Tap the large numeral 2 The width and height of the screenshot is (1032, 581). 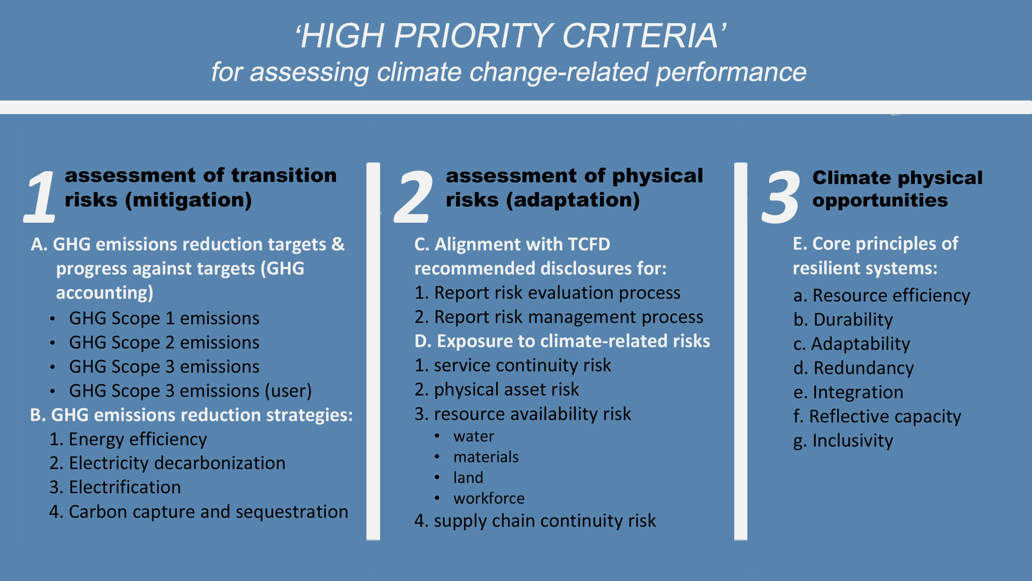click(x=413, y=196)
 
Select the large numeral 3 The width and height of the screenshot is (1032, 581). click(x=781, y=197)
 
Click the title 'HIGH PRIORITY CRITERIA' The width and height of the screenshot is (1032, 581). click(x=511, y=36)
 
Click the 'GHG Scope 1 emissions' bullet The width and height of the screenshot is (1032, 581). click(x=164, y=318)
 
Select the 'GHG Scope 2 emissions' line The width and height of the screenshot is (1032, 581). click(x=164, y=343)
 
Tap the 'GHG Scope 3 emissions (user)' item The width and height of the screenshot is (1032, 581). click(x=190, y=391)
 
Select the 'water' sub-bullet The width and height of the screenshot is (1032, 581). click(x=474, y=436)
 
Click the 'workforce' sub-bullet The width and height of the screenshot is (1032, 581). click(x=489, y=498)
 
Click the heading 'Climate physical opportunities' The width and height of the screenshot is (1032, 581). click(x=897, y=189)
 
